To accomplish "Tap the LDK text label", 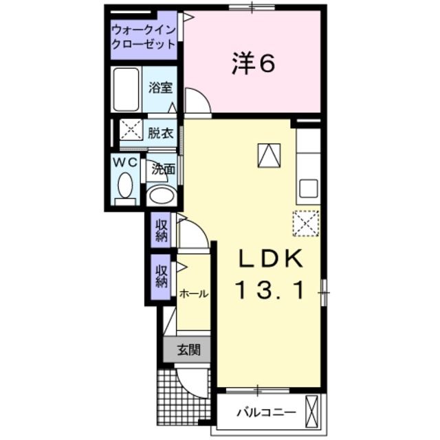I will click(270, 259).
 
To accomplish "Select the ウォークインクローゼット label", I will click(144, 37).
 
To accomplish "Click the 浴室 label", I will click(160, 88).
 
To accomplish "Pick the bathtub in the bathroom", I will click(126, 89).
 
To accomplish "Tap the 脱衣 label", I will click(159, 133).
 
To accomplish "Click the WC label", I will click(124, 162).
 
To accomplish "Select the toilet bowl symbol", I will click(124, 185).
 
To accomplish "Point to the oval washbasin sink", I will click(162, 196).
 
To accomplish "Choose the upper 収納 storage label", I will click(161, 230).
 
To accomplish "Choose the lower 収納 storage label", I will click(161, 276).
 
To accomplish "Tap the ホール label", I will click(193, 294).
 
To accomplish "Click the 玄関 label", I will click(188, 350).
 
